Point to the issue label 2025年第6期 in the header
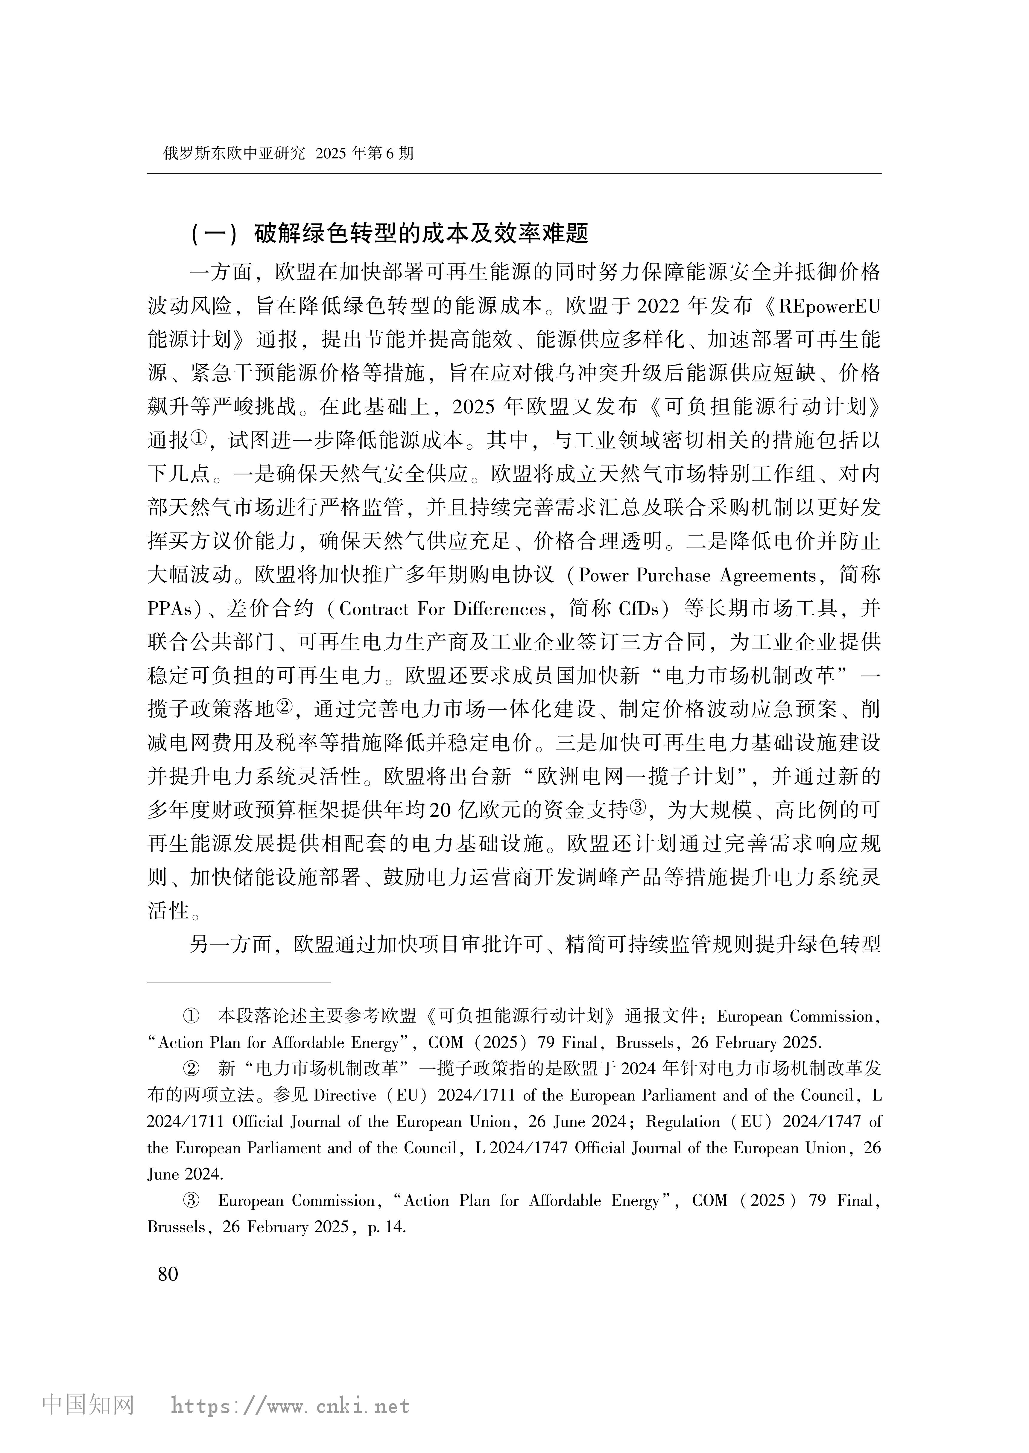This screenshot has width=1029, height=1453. click(364, 153)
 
